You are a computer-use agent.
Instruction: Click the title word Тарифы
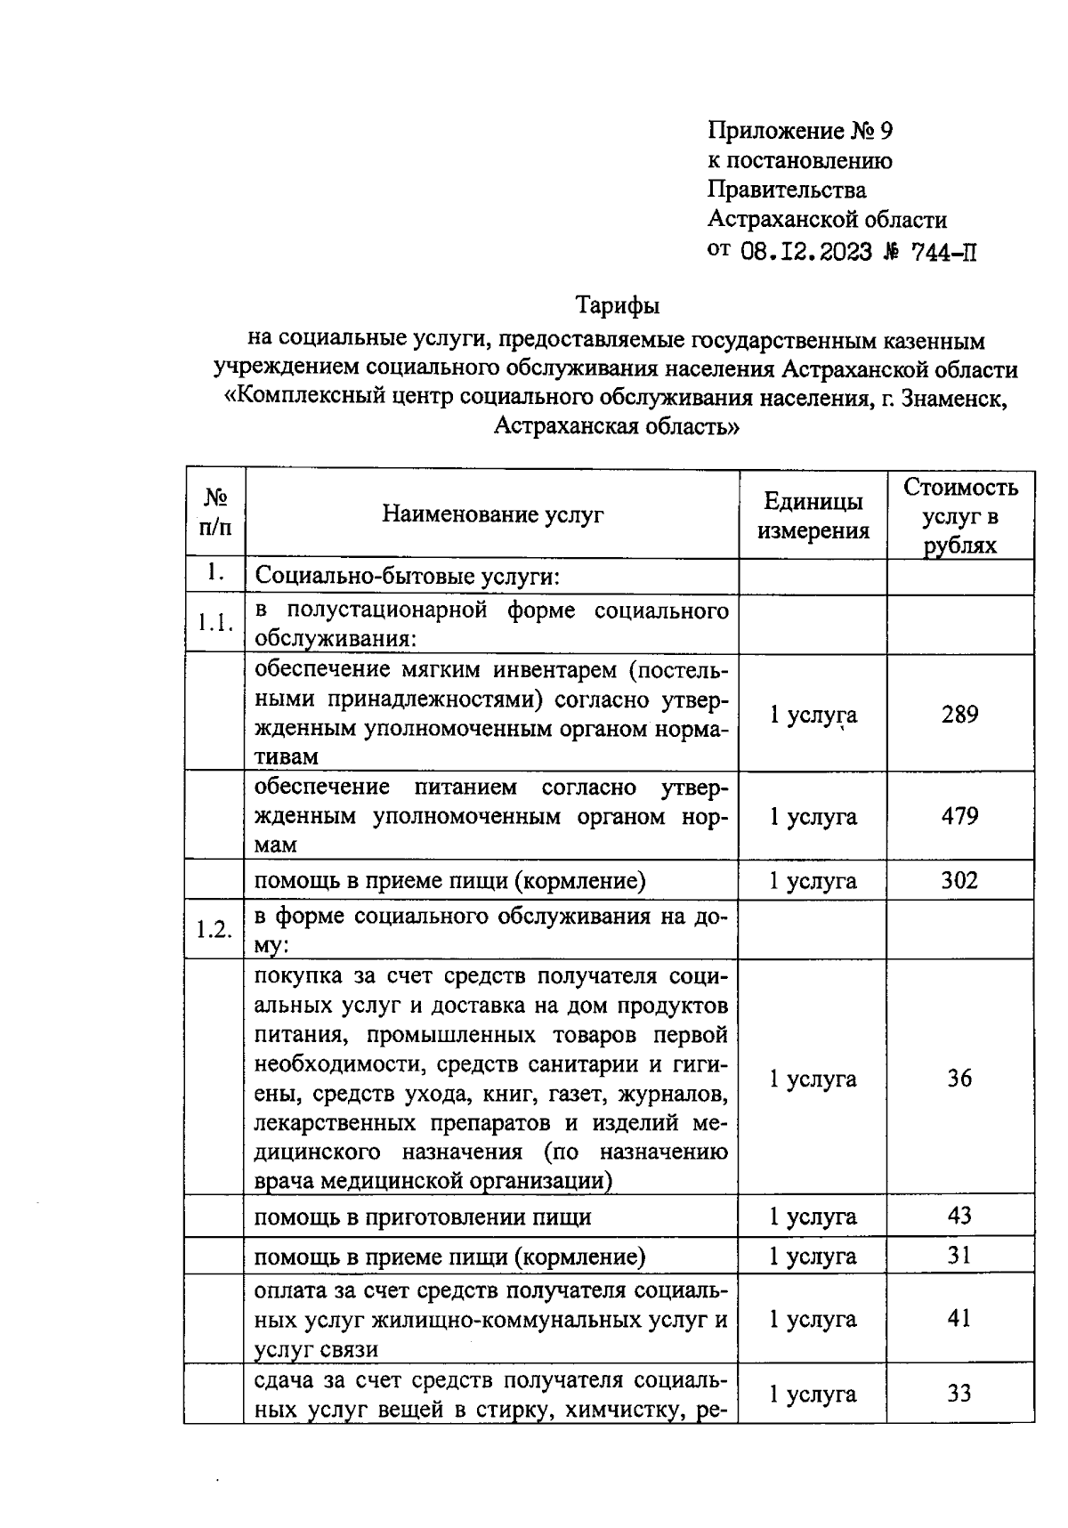[x=618, y=306]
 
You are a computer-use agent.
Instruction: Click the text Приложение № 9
[x=800, y=132]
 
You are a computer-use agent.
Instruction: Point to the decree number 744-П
[x=944, y=252]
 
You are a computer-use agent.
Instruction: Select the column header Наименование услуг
[x=492, y=514]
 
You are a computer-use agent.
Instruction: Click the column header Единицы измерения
[x=813, y=516]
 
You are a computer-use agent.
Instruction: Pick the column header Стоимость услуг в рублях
[x=959, y=516]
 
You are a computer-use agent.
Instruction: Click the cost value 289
[x=959, y=715]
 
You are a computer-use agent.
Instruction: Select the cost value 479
[x=959, y=816]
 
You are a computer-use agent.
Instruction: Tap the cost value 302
[x=959, y=881]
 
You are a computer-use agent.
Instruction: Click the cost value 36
[x=959, y=1079]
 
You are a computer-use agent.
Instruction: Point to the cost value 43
[x=959, y=1216]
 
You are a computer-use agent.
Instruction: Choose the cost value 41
[x=959, y=1319]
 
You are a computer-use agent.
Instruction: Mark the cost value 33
[x=959, y=1394]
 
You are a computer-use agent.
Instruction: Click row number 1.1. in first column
[x=214, y=623]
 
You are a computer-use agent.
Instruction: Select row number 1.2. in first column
[x=214, y=930]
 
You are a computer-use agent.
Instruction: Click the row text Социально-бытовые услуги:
[x=407, y=577]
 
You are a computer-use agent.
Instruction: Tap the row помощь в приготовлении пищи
[x=423, y=1217]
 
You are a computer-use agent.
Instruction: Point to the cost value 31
[x=959, y=1256]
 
